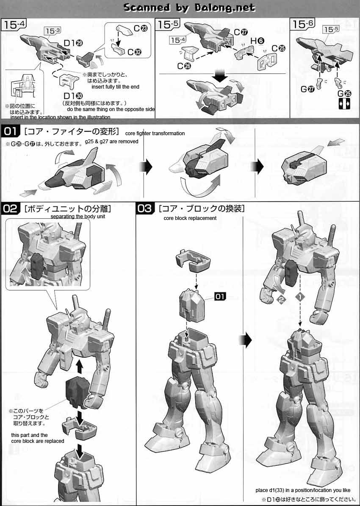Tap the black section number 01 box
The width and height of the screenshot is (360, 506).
[13, 131]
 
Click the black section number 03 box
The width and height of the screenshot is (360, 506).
[145, 208]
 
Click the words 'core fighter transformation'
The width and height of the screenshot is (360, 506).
[155, 133]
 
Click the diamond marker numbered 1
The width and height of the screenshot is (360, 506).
[299, 297]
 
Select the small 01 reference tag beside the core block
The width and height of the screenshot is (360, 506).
[220, 297]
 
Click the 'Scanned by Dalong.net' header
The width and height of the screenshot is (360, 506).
[189, 7]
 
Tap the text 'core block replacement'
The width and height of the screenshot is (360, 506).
[190, 218]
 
